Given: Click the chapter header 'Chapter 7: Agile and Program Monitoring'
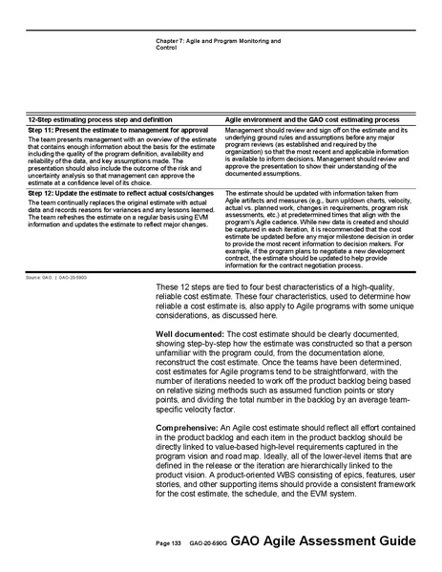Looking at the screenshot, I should (217, 41).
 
